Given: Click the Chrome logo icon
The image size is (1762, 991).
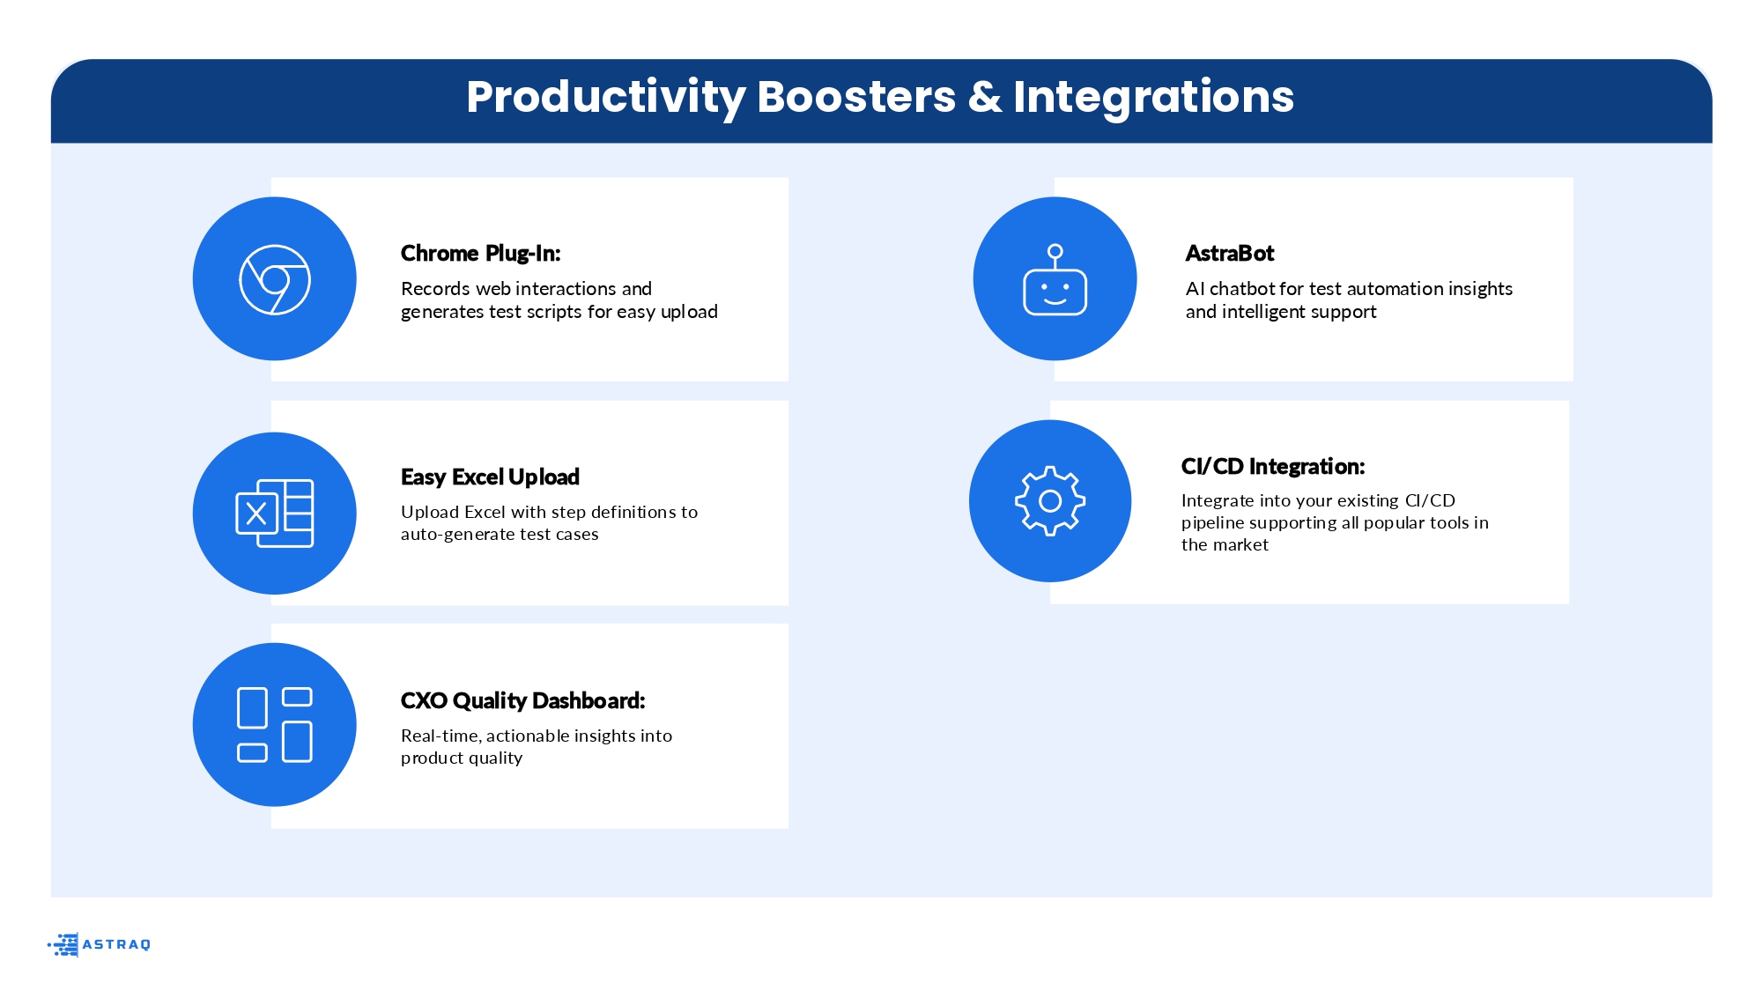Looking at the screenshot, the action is pos(275,279).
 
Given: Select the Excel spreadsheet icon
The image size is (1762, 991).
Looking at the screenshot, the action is pos(275,514).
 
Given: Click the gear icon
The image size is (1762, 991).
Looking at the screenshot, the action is pos(1050,501).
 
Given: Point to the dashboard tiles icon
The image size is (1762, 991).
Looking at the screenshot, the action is pos(275,725).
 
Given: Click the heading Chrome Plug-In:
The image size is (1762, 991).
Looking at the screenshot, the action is pos(481,254).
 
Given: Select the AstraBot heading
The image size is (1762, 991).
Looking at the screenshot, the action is pos(1230,254).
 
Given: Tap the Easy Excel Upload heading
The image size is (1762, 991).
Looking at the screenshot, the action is pos(490,477).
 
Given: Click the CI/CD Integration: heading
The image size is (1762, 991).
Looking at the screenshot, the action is pos(1273,467).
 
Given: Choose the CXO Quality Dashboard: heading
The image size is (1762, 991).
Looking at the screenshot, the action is pos(523,701).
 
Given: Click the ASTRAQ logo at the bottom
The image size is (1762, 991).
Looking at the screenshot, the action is pos(99,944).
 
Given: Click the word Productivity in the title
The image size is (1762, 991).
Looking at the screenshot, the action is pos(606,97).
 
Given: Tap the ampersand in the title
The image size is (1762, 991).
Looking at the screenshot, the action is pos(985,97).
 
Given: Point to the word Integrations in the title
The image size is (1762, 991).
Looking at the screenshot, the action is pos(1153,97).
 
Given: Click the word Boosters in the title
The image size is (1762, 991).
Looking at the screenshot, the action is pos(856,97).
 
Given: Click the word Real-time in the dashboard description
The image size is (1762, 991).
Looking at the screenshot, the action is pos(440,736).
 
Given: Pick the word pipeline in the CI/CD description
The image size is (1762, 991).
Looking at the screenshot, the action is pos(1215,523).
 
